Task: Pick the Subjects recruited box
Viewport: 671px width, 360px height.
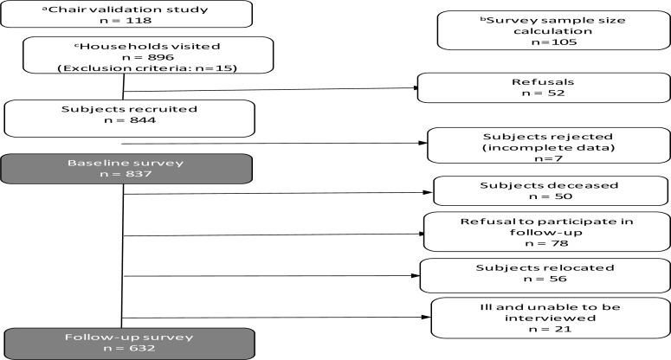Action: [129, 117]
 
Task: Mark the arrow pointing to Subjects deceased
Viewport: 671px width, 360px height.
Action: [277, 193]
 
